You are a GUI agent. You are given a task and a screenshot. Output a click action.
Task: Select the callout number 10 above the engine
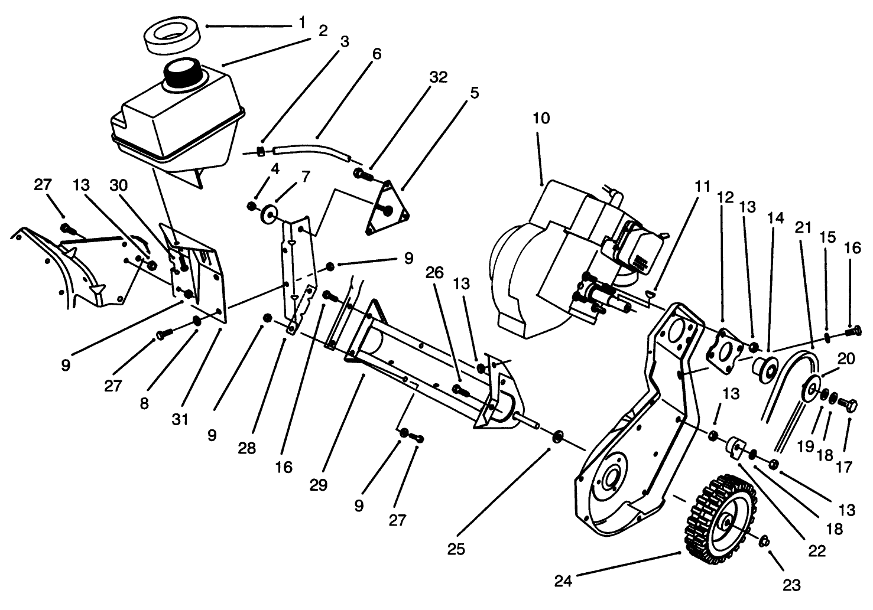click(540, 118)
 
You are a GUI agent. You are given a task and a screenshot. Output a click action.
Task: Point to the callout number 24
click(563, 581)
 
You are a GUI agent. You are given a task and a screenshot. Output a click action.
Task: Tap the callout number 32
click(439, 77)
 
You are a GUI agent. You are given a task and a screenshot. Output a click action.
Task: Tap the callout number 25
click(456, 549)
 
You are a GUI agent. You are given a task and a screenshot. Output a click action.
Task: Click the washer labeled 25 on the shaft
click(557, 438)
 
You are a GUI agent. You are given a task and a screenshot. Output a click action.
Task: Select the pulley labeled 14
click(763, 368)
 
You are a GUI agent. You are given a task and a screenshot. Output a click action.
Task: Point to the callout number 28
click(247, 448)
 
